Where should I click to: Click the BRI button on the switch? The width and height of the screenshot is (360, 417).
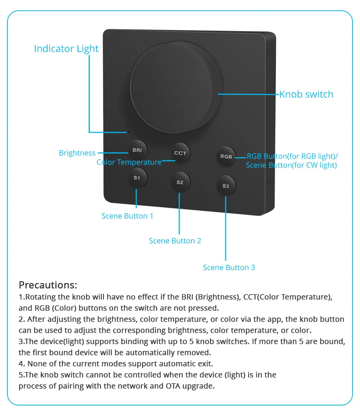137,150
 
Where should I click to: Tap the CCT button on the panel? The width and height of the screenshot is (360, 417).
180,153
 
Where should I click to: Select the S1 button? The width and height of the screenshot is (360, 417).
137,178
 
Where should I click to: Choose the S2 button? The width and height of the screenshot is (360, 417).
180,182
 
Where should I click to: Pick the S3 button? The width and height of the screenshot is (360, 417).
226,186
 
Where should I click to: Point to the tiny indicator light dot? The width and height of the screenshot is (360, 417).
128,132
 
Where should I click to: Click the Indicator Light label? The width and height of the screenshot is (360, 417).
66,49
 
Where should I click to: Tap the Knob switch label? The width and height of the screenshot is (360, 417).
306,94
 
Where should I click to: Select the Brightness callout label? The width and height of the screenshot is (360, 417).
77,153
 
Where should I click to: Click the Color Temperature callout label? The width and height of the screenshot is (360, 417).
129,162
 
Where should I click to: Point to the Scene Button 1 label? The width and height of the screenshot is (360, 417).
127,216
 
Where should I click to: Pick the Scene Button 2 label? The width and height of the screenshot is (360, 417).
175,241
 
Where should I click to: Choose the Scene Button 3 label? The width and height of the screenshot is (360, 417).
229,267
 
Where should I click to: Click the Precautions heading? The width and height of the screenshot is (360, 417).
48,285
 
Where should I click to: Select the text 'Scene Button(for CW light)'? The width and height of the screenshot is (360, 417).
291,165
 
